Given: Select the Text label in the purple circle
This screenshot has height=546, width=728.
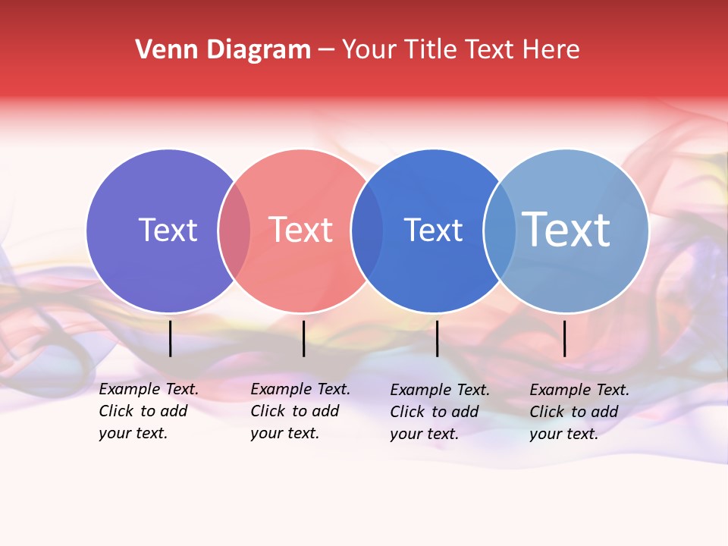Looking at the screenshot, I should [168, 230].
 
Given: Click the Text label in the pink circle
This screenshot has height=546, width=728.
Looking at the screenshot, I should [300, 230].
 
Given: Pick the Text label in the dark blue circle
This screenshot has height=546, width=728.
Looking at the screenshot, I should [433, 230].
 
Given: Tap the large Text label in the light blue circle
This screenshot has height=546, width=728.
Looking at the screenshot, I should [566, 229].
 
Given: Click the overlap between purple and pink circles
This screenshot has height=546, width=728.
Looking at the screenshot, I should [234, 231].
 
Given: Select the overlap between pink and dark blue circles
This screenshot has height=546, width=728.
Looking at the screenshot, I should [367, 231].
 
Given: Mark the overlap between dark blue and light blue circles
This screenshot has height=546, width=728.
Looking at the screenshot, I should [500, 231].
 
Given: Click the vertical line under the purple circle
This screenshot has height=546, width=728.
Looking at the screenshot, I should [171, 338].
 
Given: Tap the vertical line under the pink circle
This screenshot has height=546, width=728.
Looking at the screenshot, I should [303, 338].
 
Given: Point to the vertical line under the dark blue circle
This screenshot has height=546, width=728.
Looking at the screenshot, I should [437, 338].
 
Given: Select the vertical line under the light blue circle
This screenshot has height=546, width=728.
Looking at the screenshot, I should [564, 338].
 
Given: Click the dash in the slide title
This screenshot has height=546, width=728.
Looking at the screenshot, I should [326, 50].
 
